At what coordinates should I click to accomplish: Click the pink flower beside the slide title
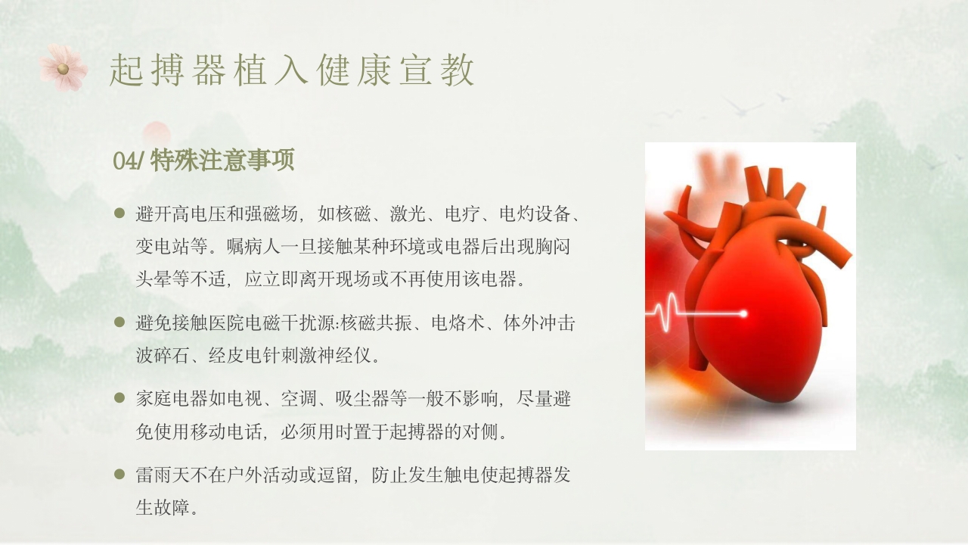[63, 68]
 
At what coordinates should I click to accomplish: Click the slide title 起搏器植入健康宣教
[292, 70]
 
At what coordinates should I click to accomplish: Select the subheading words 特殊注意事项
[222, 160]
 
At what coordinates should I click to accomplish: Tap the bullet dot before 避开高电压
[119, 213]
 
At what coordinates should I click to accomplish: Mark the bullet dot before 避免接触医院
[119, 322]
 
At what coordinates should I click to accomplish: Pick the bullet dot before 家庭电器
[119, 397]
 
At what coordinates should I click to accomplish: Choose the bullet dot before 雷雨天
[119, 475]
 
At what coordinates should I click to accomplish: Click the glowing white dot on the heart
[743, 313]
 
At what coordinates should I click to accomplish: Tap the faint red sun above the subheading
[157, 133]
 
